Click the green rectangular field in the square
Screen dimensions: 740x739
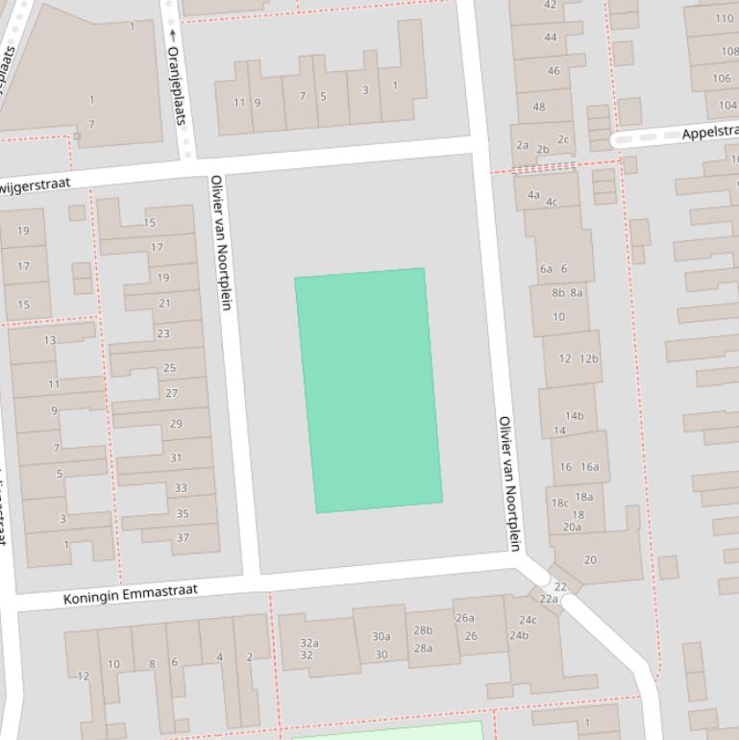[x=368, y=389]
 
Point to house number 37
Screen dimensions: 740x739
[x=183, y=537]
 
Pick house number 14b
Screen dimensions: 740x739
[x=574, y=416]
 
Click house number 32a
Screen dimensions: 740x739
[x=308, y=643]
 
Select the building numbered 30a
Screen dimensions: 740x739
[x=382, y=636]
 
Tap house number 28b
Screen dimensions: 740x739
[x=423, y=630]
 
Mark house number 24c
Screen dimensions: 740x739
[x=528, y=620]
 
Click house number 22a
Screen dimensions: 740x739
[x=549, y=599]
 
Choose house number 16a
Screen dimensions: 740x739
[x=589, y=467]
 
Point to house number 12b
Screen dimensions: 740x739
[x=589, y=358]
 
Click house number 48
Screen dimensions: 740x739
[x=538, y=107]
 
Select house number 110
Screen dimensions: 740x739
[x=724, y=18]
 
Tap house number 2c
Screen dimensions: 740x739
[x=563, y=139]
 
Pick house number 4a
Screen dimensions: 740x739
[x=533, y=194]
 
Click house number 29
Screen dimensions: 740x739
[x=176, y=424]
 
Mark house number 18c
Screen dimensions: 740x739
[x=559, y=503]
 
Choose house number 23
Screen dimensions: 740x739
[x=162, y=333]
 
